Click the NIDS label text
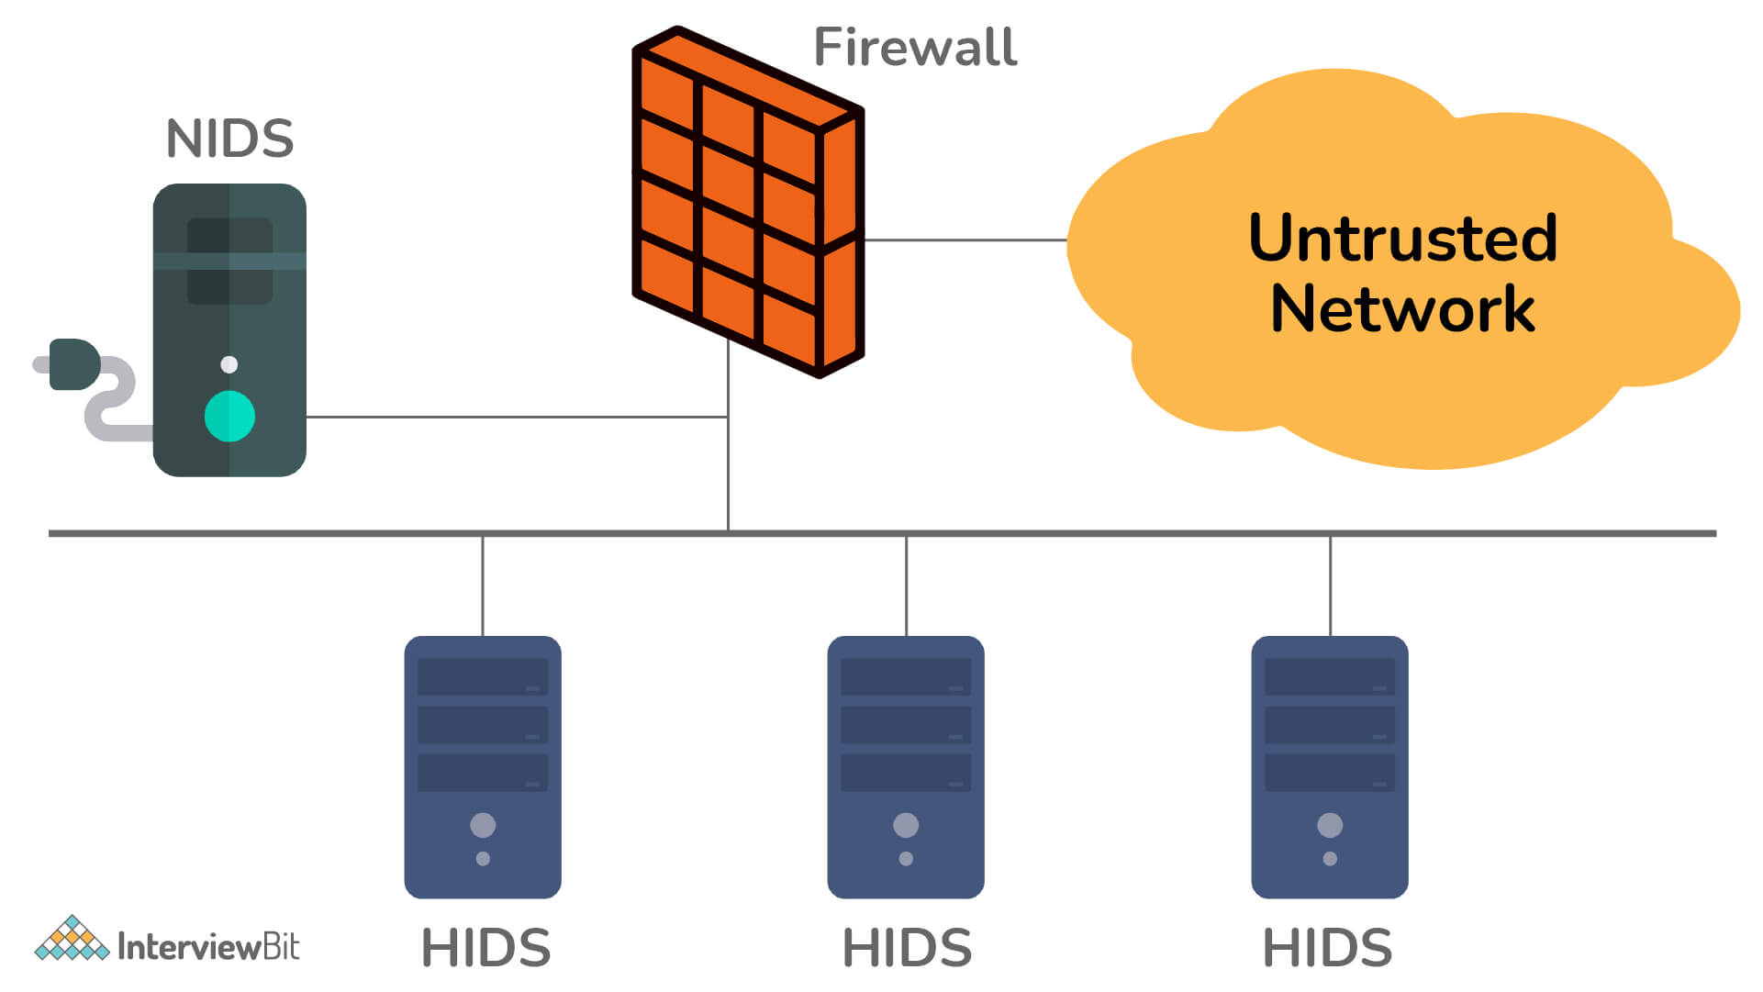point(229,139)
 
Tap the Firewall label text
point(915,48)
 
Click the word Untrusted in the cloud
point(1402,239)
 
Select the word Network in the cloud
point(1402,309)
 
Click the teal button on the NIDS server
point(229,417)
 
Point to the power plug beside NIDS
point(73,364)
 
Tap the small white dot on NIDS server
point(229,364)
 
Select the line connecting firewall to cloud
point(964,240)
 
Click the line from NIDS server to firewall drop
point(514,417)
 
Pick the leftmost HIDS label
point(485,948)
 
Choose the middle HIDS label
point(907,948)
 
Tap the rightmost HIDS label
point(1327,948)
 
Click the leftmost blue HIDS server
point(483,766)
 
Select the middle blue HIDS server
point(906,766)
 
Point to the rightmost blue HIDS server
point(1330,766)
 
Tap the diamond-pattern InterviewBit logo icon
point(72,939)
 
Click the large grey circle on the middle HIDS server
point(906,825)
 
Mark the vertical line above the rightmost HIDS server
point(1330,585)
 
